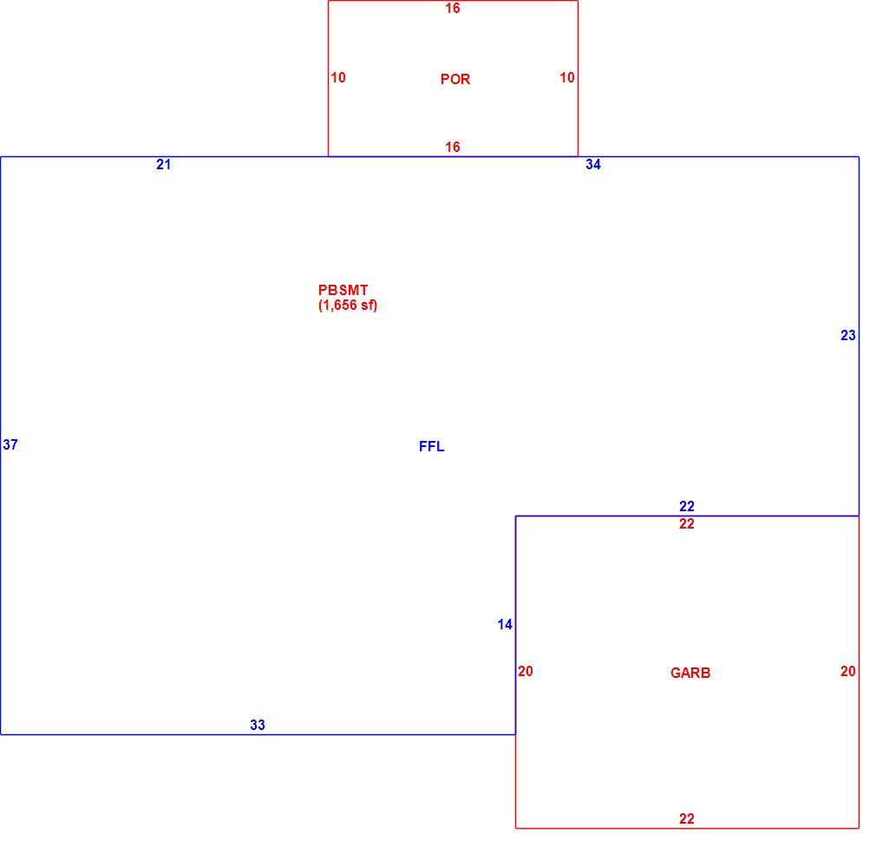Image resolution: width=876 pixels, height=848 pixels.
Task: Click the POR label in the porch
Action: (x=454, y=79)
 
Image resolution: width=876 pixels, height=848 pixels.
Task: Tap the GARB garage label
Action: (x=690, y=673)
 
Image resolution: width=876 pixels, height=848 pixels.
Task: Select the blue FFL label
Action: (x=431, y=446)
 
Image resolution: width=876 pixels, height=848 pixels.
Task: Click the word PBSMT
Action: (x=343, y=290)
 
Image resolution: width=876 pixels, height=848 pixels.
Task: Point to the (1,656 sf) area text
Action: (x=348, y=306)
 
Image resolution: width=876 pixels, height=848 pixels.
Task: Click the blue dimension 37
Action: (x=10, y=444)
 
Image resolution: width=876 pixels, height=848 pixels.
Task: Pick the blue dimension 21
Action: (x=163, y=164)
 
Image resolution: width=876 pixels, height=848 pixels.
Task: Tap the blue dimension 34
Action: (x=592, y=164)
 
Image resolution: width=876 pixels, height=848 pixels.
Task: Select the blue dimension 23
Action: (x=847, y=335)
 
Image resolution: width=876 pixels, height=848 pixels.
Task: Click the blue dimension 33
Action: (x=257, y=725)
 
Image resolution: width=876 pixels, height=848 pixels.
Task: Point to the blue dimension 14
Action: (x=505, y=624)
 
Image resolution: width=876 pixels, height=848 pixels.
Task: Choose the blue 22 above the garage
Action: (x=687, y=506)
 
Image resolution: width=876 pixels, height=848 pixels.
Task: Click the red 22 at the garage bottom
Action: (x=687, y=819)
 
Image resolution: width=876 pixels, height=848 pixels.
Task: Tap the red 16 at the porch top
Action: (x=453, y=9)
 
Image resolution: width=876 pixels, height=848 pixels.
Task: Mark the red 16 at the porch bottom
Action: (x=453, y=147)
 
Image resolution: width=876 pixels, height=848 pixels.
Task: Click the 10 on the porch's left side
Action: (x=338, y=78)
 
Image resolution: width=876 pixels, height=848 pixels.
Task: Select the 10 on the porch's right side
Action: (x=567, y=78)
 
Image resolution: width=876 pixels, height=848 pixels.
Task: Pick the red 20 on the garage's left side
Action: (x=525, y=671)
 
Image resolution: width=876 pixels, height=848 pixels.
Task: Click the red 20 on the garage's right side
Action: (x=847, y=671)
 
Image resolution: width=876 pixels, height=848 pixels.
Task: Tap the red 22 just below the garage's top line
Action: (x=687, y=523)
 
